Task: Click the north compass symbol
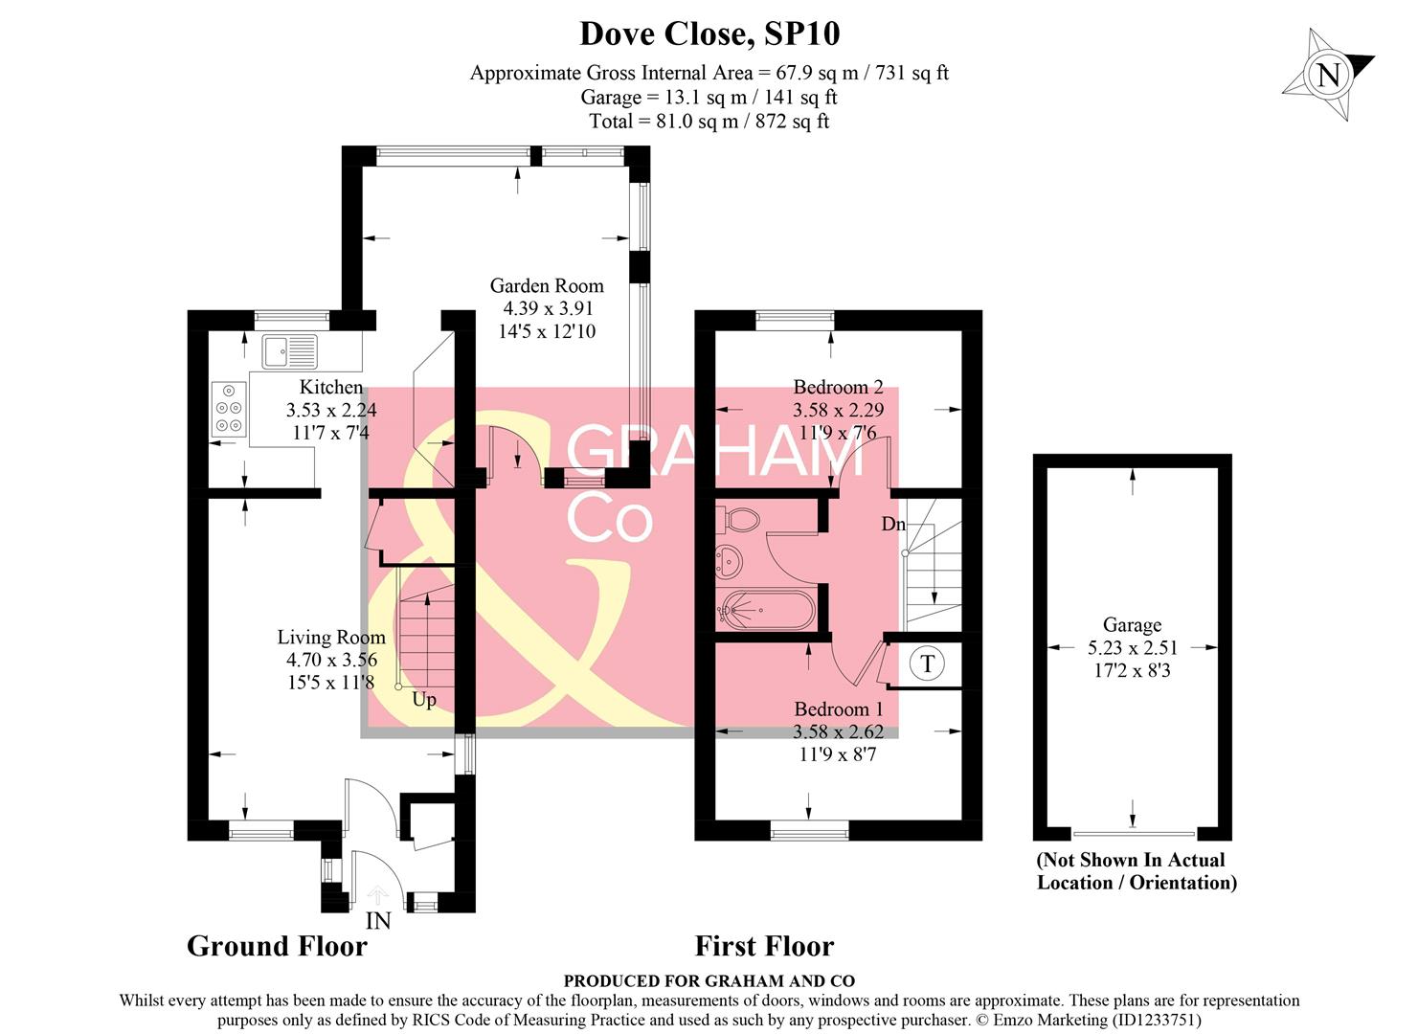pyautogui.click(x=1328, y=75)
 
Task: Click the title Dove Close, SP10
pyautogui.click(x=709, y=34)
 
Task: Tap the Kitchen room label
pyautogui.click(x=331, y=387)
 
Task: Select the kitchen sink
pyautogui.click(x=290, y=351)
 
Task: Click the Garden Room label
pyautogui.click(x=547, y=285)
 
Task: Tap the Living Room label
pyautogui.click(x=331, y=637)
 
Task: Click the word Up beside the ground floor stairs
pyautogui.click(x=423, y=700)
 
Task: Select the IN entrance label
pyautogui.click(x=378, y=922)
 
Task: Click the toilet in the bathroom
pyautogui.click(x=740, y=521)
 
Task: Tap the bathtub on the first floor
pyautogui.click(x=767, y=609)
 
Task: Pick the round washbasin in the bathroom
pyautogui.click(x=730, y=561)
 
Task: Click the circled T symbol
pyautogui.click(x=927, y=663)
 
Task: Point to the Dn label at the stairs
pyautogui.click(x=893, y=524)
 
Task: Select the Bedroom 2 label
pyautogui.click(x=838, y=387)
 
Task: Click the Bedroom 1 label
pyautogui.click(x=839, y=709)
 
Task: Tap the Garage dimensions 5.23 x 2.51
pyautogui.click(x=1132, y=648)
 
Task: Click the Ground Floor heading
pyautogui.click(x=277, y=946)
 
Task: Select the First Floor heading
pyautogui.click(x=764, y=946)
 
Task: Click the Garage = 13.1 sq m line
pyautogui.click(x=709, y=97)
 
